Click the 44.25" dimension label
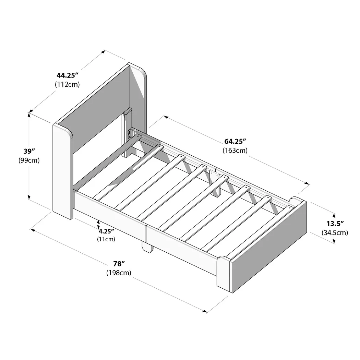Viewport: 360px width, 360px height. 68,75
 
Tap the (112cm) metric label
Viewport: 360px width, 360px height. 67,84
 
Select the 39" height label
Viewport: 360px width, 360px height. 29,151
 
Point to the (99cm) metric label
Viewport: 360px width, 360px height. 29,160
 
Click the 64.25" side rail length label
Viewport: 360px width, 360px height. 235,141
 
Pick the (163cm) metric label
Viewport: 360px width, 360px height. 235,150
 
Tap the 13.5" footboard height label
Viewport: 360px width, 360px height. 335,224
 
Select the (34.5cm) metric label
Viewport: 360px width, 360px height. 335,233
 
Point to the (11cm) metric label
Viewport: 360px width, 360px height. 106,239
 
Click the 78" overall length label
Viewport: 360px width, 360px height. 119,264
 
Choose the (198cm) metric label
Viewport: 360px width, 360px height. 119,273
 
